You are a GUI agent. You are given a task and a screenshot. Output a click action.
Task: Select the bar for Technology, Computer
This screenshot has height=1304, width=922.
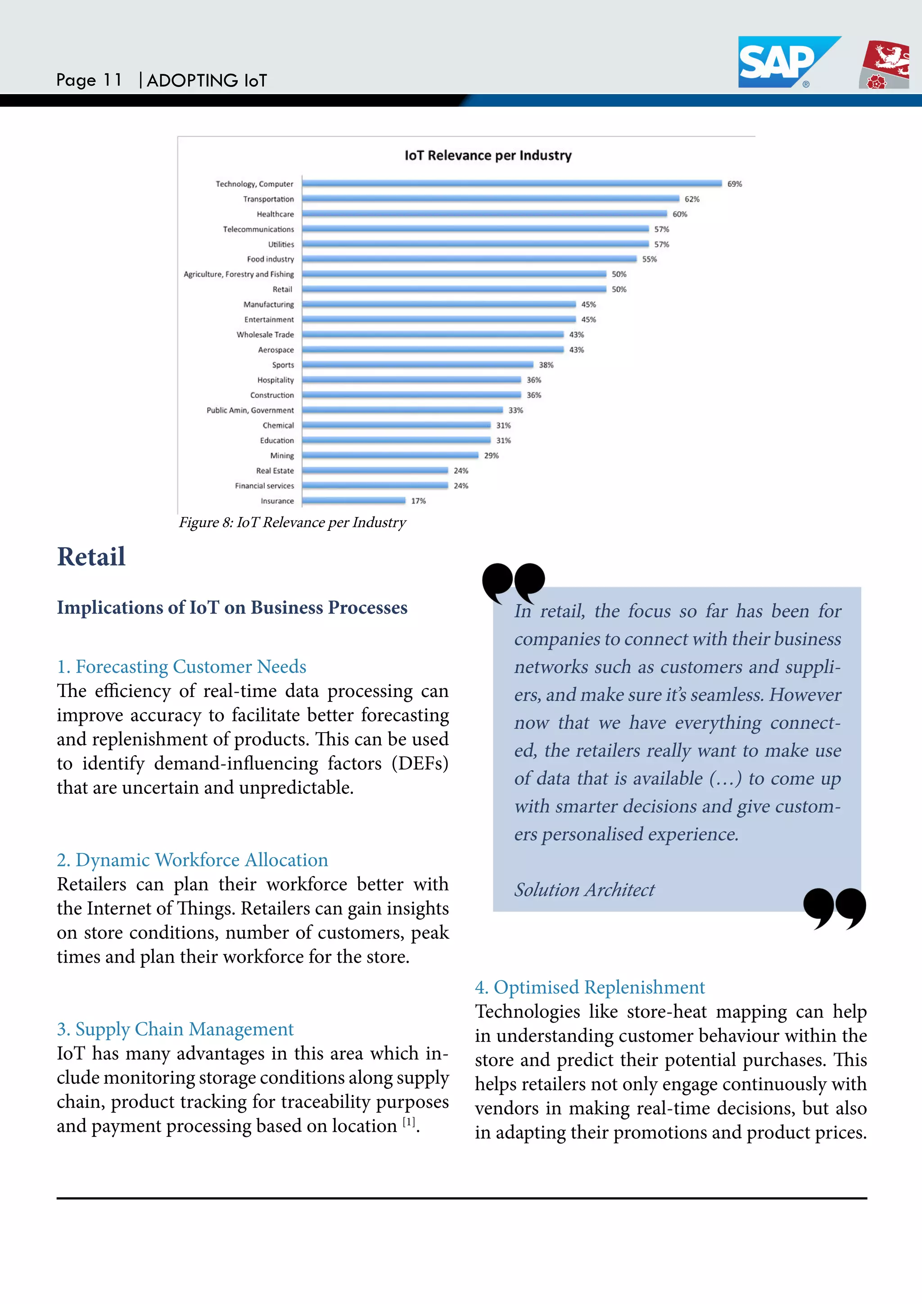pyautogui.click(x=511, y=183)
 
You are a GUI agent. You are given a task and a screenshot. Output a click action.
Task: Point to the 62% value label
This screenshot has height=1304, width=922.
pyautogui.click(x=691, y=199)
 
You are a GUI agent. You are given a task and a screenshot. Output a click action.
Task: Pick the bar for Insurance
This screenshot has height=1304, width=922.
pyautogui.click(x=354, y=500)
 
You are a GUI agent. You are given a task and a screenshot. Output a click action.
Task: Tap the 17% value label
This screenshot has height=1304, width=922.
pyautogui.click(x=418, y=501)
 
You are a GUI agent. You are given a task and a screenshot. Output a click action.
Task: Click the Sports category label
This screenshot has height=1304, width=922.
pyautogui.click(x=283, y=365)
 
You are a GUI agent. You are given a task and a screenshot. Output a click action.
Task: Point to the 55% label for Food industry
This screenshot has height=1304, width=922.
pyautogui.click(x=649, y=259)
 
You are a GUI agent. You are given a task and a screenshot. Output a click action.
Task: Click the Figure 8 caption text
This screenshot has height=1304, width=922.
pyautogui.click(x=292, y=522)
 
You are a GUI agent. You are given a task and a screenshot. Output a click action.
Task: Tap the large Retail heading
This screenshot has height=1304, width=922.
pyautogui.click(x=91, y=557)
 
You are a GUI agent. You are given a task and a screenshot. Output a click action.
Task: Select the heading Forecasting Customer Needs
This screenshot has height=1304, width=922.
pyautogui.click(x=182, y=666)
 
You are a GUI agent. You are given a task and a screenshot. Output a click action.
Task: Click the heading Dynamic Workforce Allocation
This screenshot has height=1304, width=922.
pyautogui.click(x=193, y=860)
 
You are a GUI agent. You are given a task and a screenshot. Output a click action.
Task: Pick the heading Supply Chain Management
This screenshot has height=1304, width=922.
pyautogui.click(x=176, y=1029)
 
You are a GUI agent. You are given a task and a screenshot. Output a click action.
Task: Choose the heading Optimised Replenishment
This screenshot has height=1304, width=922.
pyautogui.click(x=590, y=987)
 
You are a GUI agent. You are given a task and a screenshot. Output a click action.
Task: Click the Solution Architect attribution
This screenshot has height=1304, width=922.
pyautogui.click(x=584, y=889)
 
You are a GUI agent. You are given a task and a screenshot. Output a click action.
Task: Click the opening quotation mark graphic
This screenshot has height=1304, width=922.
pyautogui.click(x=513, y=582)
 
